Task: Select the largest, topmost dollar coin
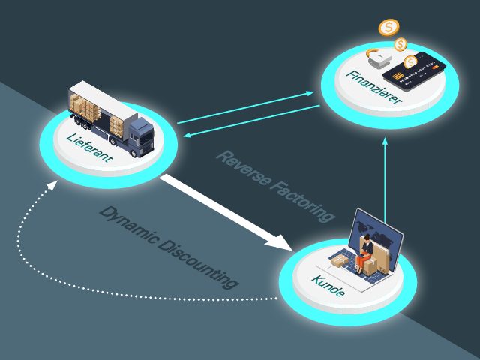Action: pyautogui.click(x=388, y=28)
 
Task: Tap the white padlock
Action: pyautogui.click(x=376, y=56)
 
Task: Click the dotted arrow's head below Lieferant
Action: pyautogui.click(x=50, y=184)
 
